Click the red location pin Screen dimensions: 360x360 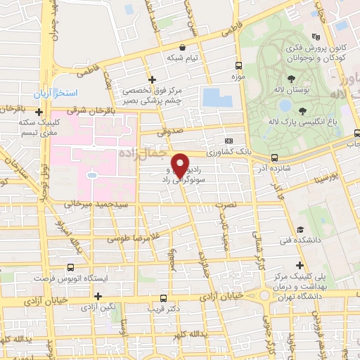[180, 165]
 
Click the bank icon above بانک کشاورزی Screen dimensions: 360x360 [227, 142]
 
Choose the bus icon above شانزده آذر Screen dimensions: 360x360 [274, 157]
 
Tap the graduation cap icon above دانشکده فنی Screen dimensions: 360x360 [301, 231]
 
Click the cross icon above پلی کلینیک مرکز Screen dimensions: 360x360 [300, 266]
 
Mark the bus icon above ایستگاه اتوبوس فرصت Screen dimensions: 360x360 [71, 268]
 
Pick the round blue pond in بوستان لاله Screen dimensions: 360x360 [285, 105]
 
